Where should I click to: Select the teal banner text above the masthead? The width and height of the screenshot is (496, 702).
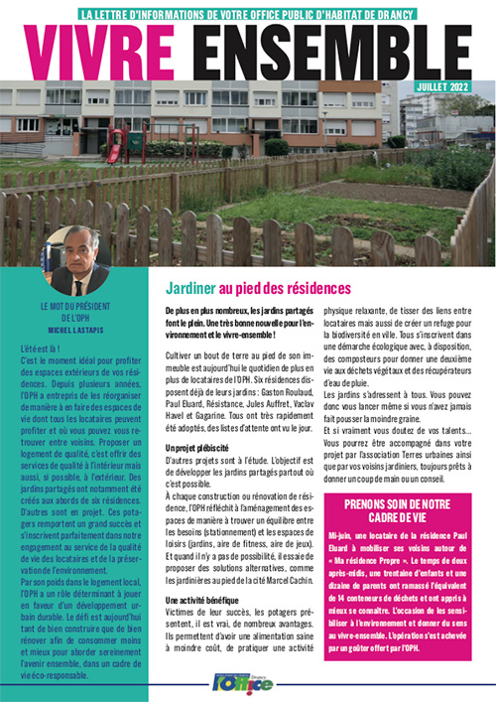(x=249, y=14)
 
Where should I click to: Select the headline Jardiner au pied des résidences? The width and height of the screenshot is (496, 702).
(x=257, y=289)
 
